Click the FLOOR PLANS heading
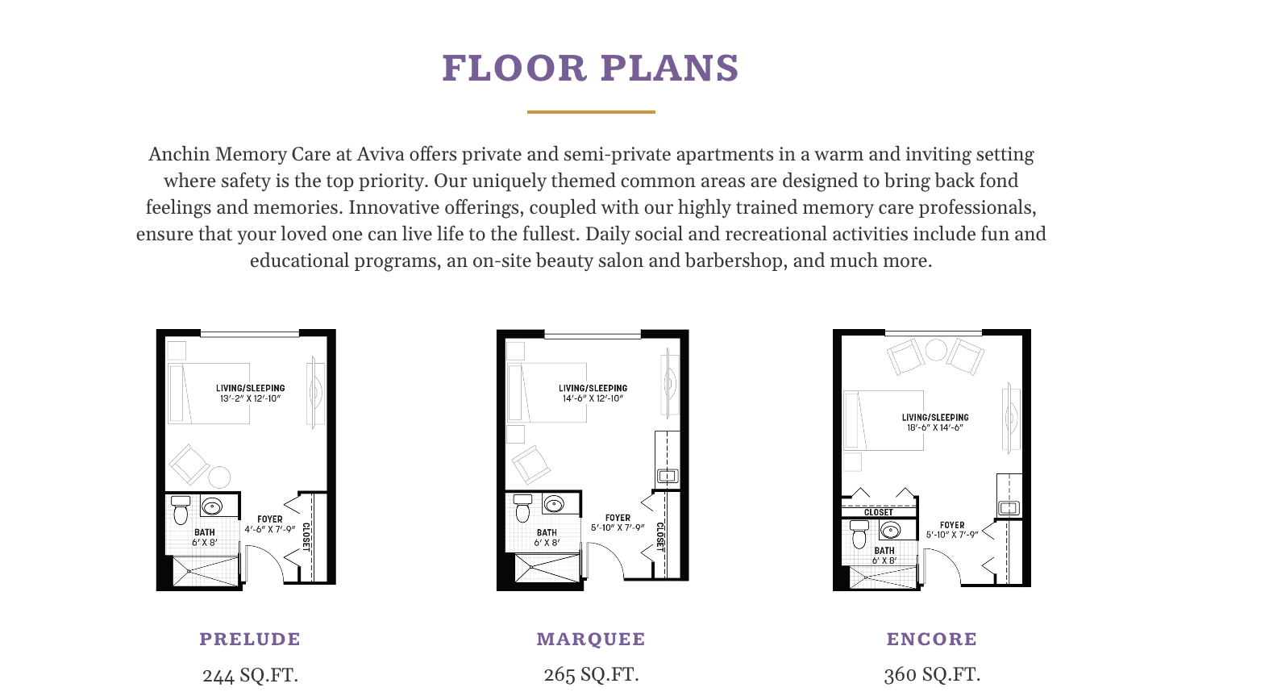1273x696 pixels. click(x=590, y=69)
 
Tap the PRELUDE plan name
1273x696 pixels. click(x=250, y=639)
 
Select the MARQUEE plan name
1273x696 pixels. click(x=591, y=639)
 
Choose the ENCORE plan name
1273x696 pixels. click(x=932, y=639)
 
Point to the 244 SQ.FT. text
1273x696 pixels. click(x=250, y=675)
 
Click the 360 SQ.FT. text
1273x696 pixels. click(x=932, y=674)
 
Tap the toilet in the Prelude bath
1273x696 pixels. click(x=181, y=510)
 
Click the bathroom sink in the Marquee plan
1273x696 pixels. click(x=554, y=504)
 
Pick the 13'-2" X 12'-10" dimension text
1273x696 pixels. click(x=251, y=398)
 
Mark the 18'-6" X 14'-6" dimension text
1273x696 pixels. click(x=935, y=427)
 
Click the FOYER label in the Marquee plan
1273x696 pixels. click(x=618, y=518)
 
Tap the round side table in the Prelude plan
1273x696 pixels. click(x=219, y=477)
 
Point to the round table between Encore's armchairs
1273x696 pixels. click(x=936, y=350)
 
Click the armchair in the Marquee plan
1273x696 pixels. click(x=530, y=465)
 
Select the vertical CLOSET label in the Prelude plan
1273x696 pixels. click(x=306, y=537)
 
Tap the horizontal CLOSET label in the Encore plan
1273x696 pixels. click(x=879, y=512)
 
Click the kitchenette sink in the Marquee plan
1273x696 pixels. click(x=668, y=476)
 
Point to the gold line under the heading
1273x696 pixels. click(x=591, y=112)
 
